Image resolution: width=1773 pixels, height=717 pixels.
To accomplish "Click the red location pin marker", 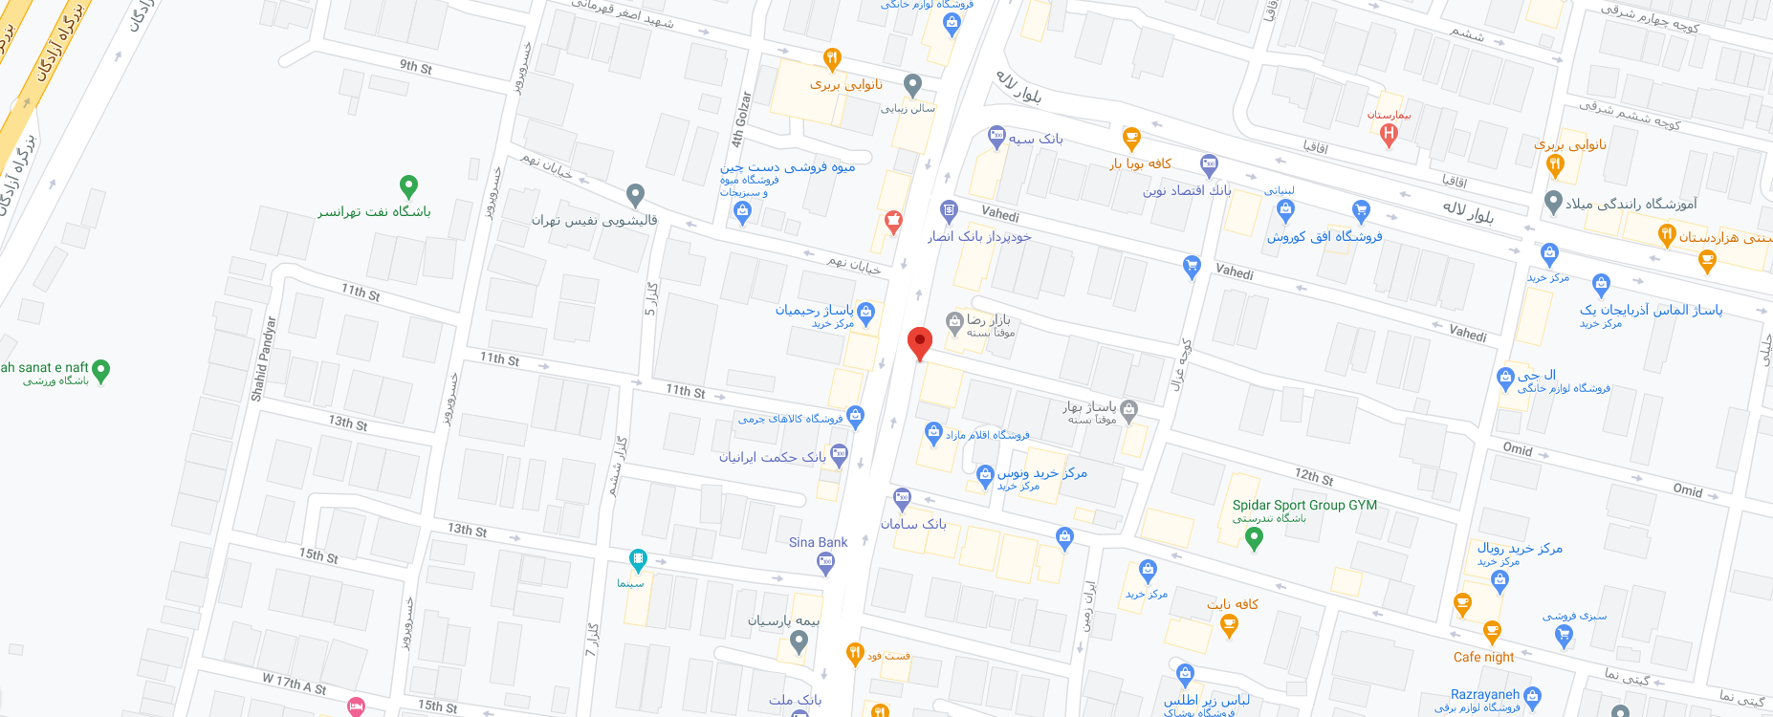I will (919, 342).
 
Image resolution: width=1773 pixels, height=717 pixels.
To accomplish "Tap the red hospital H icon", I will (1390, 135).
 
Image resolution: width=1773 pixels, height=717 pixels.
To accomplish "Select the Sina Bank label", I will (818, 542).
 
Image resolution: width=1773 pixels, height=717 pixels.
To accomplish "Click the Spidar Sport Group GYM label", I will (1304, 505).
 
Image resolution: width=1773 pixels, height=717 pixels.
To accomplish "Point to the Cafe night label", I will (1483, 657).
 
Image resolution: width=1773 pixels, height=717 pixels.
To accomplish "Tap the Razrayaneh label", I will (1484, 694).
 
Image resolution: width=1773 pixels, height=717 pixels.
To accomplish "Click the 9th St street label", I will (415, 67).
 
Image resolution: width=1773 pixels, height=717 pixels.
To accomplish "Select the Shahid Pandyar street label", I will (263, 358).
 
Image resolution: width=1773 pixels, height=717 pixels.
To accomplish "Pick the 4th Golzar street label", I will (741, 119).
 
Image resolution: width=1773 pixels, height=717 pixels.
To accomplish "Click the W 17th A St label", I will (295, 684).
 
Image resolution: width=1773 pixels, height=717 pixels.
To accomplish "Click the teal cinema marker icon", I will (638, 559).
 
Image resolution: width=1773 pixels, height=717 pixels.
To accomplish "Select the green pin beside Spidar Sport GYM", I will (1255, 539).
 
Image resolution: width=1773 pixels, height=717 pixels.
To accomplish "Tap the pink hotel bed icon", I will (356, 706).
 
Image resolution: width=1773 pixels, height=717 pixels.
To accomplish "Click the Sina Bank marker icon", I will (826, 563).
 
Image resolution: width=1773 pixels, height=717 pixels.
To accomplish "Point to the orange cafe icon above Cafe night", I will (1491, 632).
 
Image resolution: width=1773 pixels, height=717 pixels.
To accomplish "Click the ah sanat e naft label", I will (45, 367).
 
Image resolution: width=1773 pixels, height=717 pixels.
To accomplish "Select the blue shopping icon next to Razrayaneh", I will (1533, 696).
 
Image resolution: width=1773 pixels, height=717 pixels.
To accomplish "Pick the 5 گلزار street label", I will (651, 298).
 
